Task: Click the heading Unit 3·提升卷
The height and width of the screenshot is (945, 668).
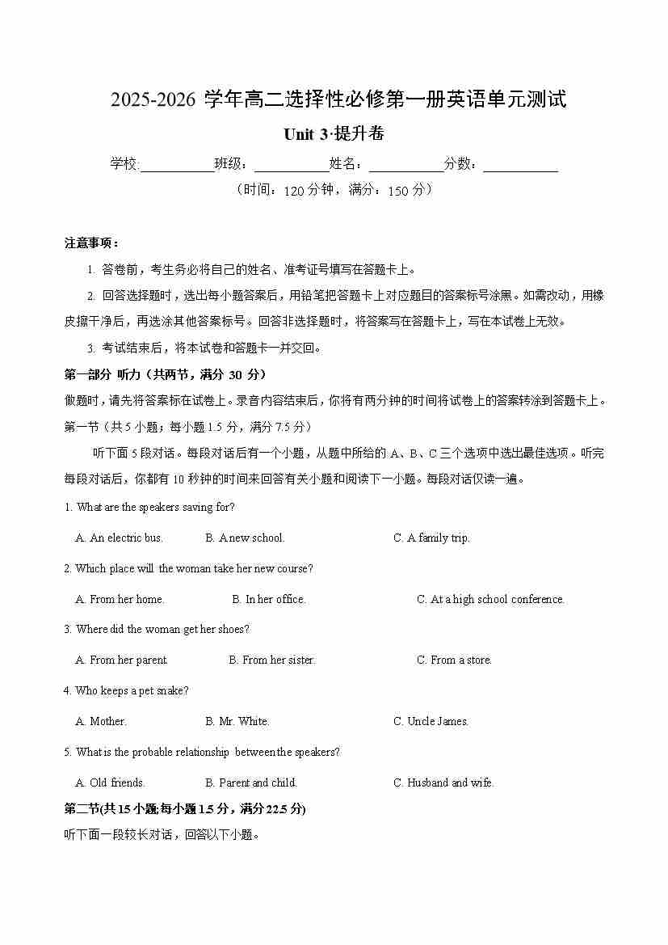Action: (334, 134)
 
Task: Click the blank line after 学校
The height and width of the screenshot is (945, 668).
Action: (177, 165)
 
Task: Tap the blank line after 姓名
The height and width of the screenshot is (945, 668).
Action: (406, 165)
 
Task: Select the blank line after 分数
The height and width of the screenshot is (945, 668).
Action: (521, 165)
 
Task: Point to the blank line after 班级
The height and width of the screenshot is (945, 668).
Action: (292, 165)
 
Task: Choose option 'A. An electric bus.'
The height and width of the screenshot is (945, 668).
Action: (120, 538)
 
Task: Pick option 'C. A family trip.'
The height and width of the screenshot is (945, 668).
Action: (431, 538)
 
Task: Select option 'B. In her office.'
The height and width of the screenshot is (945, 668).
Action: (269, 600)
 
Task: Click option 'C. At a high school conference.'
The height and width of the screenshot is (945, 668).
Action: (490, 600)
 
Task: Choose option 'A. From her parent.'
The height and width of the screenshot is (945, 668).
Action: (121, 660)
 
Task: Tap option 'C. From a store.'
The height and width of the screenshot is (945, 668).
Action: (454, 660)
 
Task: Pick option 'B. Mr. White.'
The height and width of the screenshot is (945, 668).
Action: (237, 722)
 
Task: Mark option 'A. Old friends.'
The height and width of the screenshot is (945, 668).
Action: (110, 783)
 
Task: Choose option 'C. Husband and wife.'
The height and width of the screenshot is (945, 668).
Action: (443, 783)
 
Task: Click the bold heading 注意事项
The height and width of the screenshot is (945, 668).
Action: (91, 243)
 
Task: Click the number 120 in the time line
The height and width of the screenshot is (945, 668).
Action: (295, 191)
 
